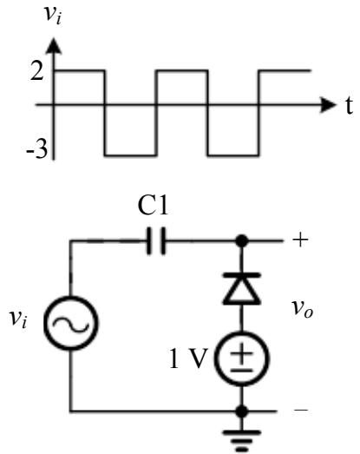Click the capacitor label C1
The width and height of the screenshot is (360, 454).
[153, 206]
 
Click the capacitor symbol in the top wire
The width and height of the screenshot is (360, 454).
[156, 240]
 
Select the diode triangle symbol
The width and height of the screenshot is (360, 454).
[242, 288]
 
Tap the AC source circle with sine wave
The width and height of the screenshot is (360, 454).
[71, 323]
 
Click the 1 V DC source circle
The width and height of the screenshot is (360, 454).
[242, 359]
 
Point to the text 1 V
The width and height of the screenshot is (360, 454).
[189, 359]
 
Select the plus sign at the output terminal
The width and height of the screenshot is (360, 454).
[300, 240]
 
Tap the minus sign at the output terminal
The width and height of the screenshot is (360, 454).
[301, 410]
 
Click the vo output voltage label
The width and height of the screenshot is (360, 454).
[303, 309]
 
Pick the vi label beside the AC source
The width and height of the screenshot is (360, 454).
[18, 319]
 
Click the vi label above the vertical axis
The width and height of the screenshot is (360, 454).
[54, 15]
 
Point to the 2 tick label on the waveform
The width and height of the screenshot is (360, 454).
[37, 71]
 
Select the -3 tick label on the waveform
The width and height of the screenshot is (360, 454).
[36, 149]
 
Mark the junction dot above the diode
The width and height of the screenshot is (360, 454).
[242, 240]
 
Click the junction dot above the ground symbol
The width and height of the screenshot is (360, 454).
[242, 411]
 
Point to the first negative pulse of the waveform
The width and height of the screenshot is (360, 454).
[131, 155]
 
